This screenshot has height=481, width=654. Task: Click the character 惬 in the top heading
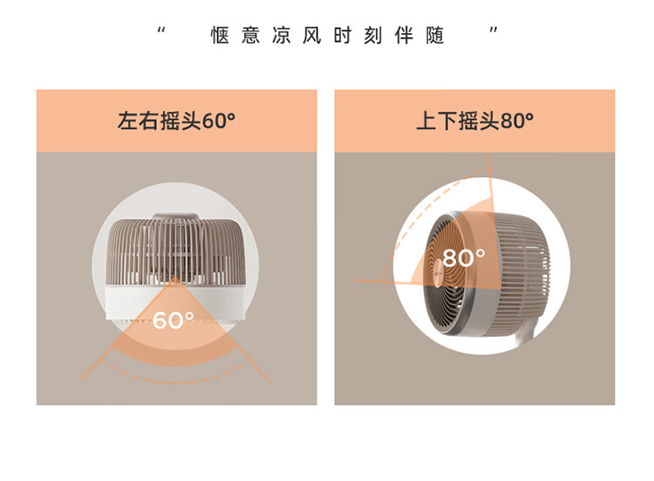click(220, 35)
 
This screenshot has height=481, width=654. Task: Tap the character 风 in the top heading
click(312, 35)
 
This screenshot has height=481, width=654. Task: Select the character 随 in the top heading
click(434, 35)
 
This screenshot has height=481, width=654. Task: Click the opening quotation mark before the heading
click(161, 31)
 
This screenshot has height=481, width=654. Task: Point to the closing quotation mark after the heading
click(494, 31)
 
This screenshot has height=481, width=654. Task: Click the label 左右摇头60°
click(176, 121)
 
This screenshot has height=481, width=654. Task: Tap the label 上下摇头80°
click(474, 121)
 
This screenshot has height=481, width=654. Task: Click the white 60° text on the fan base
click(174, 320)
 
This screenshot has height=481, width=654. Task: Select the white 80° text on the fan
click(463, 258)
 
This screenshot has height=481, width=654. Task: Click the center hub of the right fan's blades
click(438, 273)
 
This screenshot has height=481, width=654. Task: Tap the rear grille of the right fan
click(521, 267)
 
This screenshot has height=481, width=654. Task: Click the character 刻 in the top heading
click(373, 35)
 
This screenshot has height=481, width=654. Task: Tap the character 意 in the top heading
click(250, 35)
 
